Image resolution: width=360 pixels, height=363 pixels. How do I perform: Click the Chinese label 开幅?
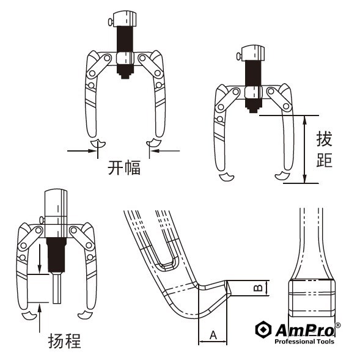click(x=124, y=167)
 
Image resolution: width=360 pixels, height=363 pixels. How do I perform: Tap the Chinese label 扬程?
click(x=65, y=341)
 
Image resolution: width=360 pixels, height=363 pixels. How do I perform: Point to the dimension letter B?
click(x=258, y=288)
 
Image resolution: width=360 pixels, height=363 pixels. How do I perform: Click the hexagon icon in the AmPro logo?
click(x=263, y=329)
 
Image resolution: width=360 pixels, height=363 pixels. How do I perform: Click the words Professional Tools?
click(x=304, y=342)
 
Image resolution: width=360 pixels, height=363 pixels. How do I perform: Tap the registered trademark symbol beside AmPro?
click(x=338, y=325)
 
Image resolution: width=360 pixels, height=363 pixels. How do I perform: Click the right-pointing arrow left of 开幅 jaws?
click(x=82, y=151)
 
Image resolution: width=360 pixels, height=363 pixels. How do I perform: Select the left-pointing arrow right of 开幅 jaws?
click(x=165, y=151)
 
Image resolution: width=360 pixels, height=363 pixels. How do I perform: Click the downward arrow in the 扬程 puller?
click(x=40, y=258)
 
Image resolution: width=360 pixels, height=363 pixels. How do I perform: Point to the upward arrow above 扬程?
click(x=40, y=318)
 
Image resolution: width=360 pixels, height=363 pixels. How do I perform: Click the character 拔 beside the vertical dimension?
click(x=324, y=139)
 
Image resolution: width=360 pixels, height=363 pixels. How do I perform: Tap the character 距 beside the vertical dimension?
click(x=324, y=160)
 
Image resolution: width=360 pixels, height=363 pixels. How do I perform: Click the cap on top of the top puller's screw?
click(x=125, y=18)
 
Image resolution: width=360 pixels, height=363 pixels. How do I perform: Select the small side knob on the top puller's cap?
click(x=111, y=22)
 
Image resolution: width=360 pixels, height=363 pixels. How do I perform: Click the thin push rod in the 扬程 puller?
click(x=57, y=288)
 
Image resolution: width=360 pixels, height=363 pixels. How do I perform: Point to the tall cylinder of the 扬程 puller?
click(x=56, y=213)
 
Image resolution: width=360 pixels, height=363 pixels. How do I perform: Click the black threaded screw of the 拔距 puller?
click(x=253, y=86)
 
